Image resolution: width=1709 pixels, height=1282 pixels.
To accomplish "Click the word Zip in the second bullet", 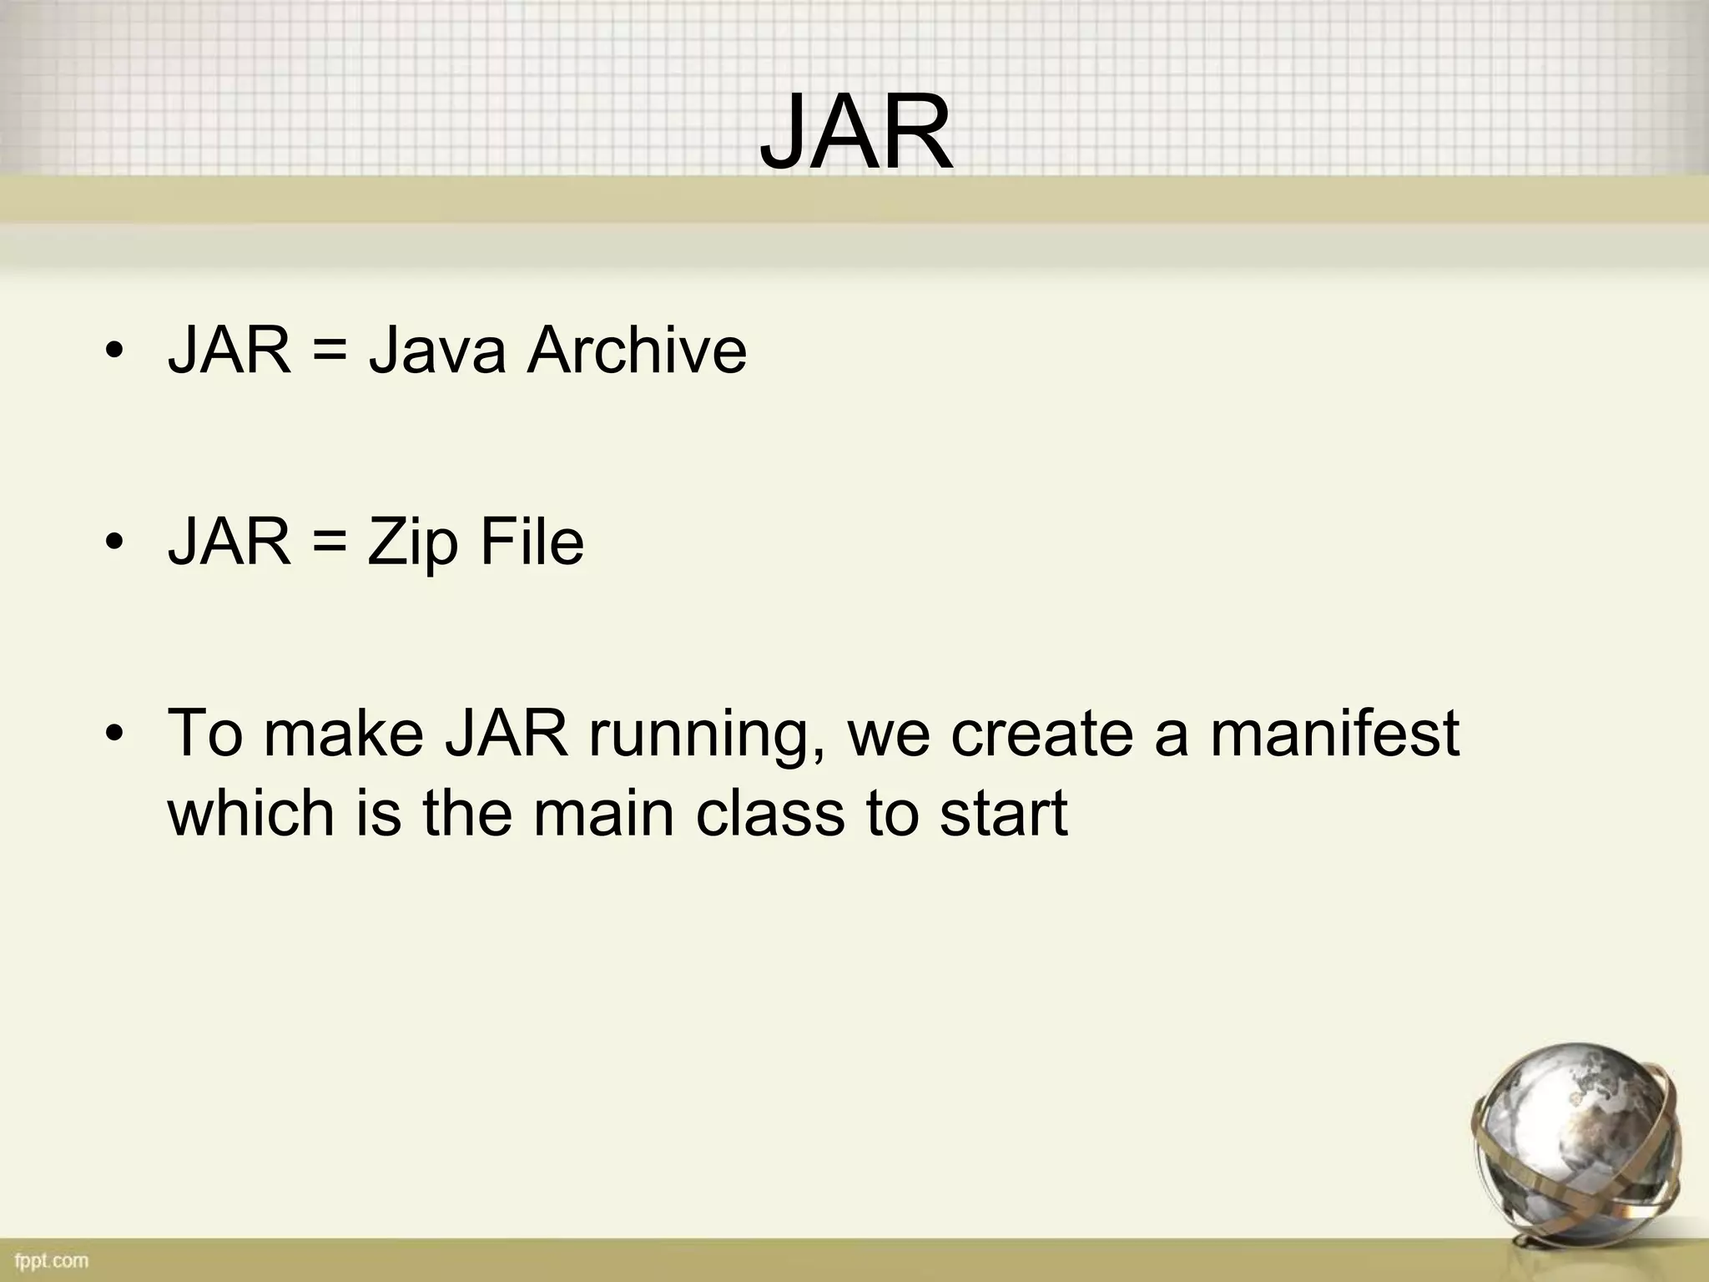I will [x=413, y=543].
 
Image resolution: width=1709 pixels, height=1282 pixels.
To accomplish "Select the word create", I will [x=1042, y=733].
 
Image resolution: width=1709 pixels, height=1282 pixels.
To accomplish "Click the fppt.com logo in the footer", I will [x=51, y=1259].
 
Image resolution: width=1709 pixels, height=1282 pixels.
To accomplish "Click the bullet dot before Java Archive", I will [x=115, y=351].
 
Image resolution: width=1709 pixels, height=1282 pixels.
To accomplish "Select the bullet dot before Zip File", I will [x=115, y=543].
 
